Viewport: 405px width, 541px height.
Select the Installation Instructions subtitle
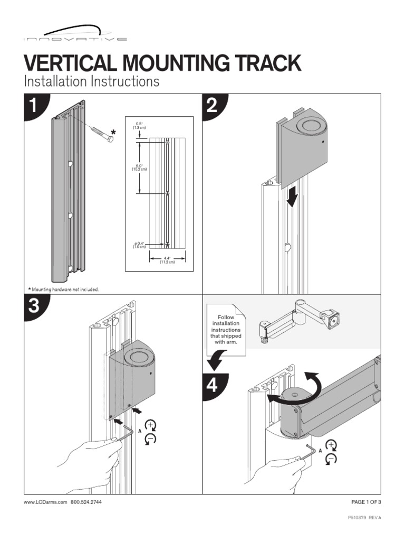pyautogui.click(x=91, y=81)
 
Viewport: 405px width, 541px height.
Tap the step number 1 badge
pyautogui.click(x=35, y=107)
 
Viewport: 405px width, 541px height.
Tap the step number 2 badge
pyautogui.click(x=213, y=107)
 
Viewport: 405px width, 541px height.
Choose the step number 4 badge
pyautogui.click(x=213, y=386)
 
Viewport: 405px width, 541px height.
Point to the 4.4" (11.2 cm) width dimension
pyautogui.click(x=167, y=260)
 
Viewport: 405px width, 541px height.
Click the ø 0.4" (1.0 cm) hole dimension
pyautogui.click(x=139, y=245)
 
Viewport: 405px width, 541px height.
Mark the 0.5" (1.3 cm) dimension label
pyautogui.click(x=139, y=126)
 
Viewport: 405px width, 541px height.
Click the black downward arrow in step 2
pyautogui.click(x=292, y=199)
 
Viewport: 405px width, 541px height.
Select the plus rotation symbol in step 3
pyautogui.click(x=150, y=425)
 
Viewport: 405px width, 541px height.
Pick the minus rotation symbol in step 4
pyautogui.click(x=331, y=459)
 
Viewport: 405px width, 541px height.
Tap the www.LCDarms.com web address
pyautogui.click(x=45, y=502)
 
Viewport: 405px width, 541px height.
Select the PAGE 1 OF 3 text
pyautogui.click(x=366, y=502)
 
